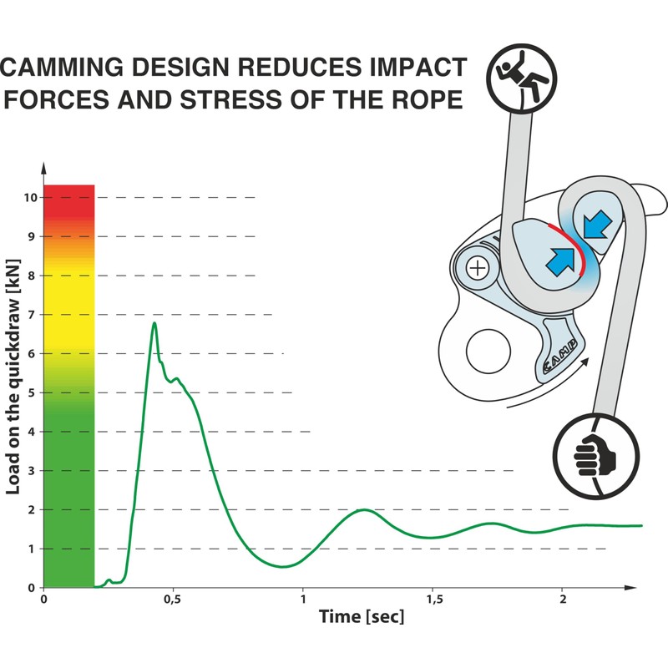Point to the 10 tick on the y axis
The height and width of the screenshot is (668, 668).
[30, 198]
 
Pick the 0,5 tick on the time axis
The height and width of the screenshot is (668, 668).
[173, 600]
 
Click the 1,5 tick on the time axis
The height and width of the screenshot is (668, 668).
[433, 600]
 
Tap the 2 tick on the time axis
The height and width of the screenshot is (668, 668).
[563, 600]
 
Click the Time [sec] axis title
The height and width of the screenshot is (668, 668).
[362, 618]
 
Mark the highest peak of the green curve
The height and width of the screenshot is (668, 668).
[154, 323]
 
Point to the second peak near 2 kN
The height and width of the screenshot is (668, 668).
[363, 509]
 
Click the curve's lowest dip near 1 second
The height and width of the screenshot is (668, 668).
[284, 566]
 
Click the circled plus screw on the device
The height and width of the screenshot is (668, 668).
[477, 268]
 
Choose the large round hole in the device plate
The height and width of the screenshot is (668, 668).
[489, 352]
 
